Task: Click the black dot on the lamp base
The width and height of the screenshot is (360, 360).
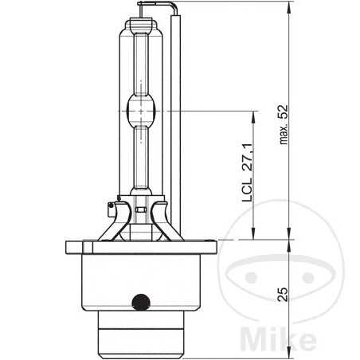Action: point(142,301)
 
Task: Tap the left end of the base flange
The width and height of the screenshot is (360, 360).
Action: point(65,246)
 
